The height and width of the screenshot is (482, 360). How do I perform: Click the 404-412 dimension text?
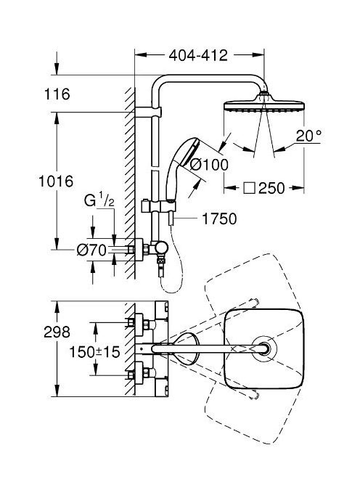(x=198, y=55)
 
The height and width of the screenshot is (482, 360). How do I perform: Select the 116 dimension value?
(x=57, y=94)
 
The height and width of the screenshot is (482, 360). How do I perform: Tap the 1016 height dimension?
(x=56, y=181)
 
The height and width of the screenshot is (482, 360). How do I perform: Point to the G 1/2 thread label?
(x=99, y=200)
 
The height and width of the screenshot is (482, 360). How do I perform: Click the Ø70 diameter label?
(x=91, y=250)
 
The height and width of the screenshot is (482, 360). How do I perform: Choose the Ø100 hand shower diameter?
(x=209, y=165)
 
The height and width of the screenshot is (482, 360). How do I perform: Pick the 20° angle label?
(x=308, y=136)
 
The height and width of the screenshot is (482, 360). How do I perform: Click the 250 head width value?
(x=271, y=188)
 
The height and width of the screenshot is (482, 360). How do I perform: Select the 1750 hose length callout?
(x=219, y=218)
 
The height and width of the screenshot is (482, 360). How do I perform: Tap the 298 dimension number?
(x=57, y=332)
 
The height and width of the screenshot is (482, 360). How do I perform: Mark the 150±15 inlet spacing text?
(x=94, y=351)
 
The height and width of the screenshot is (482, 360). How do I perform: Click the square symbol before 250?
(x=250, y=188)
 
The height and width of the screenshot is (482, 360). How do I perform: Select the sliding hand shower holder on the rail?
(x=158, y=206)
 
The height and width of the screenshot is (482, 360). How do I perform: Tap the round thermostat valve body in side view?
(x=161, y=248)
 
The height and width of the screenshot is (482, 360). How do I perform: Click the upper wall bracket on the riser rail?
(x=148, y=112)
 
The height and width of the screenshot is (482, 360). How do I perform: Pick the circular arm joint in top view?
(x=264, y=348)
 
